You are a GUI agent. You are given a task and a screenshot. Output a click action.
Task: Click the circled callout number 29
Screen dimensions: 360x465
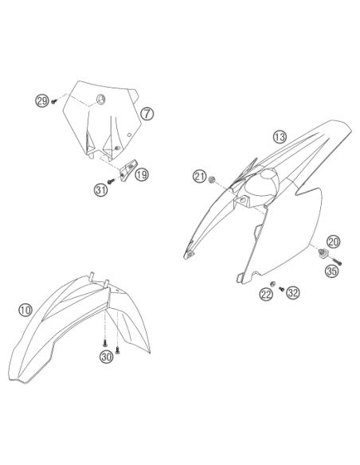point(41,101)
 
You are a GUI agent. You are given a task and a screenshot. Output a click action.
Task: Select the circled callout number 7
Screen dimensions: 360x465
point(147,114)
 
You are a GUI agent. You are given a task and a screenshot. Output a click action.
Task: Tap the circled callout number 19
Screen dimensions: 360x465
point(142,174)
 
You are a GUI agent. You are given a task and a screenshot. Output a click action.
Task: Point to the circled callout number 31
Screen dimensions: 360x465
point(101,190)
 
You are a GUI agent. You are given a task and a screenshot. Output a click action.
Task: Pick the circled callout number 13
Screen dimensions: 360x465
point(280,137)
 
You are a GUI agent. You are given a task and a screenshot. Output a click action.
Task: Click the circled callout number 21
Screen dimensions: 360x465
point(200,177)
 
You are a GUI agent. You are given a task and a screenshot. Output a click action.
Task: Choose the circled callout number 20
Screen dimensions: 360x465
point(334,241)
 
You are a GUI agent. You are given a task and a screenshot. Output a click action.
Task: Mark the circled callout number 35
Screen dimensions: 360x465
point(332,271)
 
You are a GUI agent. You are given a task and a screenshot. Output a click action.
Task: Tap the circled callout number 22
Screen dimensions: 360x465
point(266,294)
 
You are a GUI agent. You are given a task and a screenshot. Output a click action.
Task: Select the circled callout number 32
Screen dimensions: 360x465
point(293,293)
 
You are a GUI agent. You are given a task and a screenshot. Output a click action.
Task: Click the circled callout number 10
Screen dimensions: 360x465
point(25,310)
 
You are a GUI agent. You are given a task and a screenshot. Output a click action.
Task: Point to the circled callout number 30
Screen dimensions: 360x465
point(107,357)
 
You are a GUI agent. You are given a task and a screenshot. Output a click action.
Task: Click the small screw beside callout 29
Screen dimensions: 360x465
point(53,101)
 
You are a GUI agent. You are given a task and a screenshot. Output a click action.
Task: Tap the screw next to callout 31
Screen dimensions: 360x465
point(111,181)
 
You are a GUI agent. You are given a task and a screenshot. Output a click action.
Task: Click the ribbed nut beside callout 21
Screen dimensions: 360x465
point(211,179)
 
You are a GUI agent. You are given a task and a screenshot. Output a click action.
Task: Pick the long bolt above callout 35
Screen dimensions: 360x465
point(336,261)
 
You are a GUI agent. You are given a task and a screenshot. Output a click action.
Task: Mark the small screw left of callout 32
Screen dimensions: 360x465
point(281,288)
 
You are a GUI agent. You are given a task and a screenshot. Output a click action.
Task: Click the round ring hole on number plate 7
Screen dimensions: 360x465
point(100,99)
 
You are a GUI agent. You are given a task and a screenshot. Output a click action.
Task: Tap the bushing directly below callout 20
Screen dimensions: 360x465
point(323,253)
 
